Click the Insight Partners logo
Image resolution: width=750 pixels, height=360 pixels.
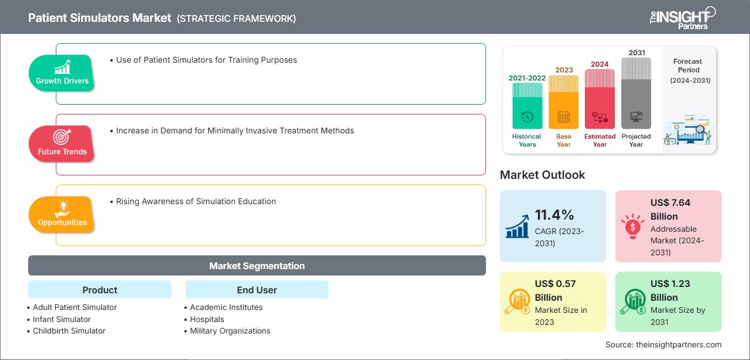682,17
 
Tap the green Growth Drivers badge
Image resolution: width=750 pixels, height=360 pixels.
62,73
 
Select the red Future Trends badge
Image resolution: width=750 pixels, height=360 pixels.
62,144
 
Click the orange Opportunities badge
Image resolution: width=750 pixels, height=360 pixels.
62,215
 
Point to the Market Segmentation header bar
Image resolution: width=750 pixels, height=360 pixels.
257,266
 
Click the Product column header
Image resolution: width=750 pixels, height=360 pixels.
100,290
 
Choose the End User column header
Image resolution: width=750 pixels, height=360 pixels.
257,290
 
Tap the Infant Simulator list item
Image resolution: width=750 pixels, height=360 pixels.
62,319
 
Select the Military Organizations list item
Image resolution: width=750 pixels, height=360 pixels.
230,331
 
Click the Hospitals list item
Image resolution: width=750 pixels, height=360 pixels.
207,319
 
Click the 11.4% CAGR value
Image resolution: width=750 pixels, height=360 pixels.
554,215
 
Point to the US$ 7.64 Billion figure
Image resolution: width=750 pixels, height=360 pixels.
670,209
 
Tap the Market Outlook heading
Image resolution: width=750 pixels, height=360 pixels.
542,175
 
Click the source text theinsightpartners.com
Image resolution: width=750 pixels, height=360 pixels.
663,344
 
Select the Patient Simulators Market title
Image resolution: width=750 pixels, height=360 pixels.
100,18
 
